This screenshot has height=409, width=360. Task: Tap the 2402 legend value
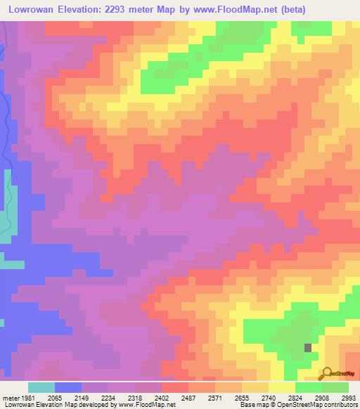pyautogui.click(x=173, y=398)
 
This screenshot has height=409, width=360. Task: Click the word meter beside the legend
pyautogui.click(x=9, y=398)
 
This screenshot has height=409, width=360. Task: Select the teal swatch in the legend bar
pyautogui.click(x=41, y=388)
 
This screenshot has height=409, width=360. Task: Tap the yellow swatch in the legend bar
pyautogui.click(x=282, y=388)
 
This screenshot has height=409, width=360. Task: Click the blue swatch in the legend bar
pyautogui.click(x=68, y=388)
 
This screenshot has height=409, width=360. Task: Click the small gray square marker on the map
pyautogui.click(x=308, y=347)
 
